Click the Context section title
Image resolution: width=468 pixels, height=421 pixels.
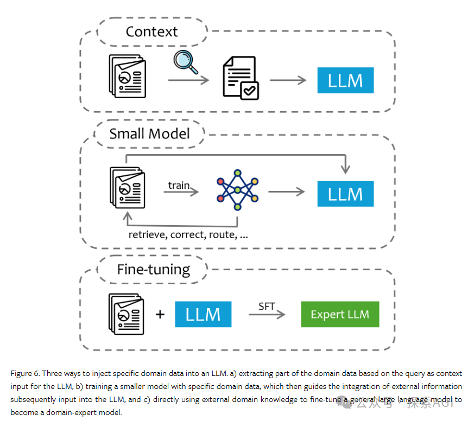tap(151, 31)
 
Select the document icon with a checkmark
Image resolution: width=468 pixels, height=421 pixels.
tap(241, 80)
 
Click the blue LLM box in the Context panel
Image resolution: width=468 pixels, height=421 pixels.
tap(345, 81)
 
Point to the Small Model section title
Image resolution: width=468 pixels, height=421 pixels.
tap(149, 133)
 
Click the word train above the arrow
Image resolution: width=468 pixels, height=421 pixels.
tap(179, 185)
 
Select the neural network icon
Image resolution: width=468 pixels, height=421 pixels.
tap(237, 189)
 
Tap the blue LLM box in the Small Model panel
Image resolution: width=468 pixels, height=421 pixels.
tap(345, 193)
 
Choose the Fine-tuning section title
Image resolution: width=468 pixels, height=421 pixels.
tap(154, 269)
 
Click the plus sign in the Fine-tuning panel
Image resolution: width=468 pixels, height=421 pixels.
tap(160, 314)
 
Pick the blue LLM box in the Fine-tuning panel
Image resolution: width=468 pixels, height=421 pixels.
tap(203, 314)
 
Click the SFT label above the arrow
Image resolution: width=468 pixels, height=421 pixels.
tap(267, 307)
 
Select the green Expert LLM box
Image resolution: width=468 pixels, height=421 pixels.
tap(340, 314)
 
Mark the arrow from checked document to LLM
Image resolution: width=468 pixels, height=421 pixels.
tap(288, 80)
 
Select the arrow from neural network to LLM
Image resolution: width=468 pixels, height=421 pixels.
tap(286, 192)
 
